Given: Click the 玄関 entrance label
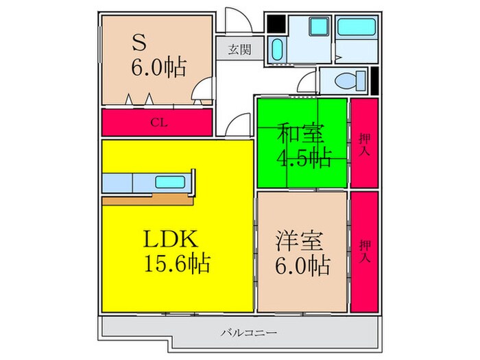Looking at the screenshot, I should tap(240, 49).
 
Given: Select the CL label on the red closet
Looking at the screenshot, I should tap(158, 123).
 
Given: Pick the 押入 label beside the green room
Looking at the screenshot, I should tap(365, 143).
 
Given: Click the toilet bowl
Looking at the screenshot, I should tap(348, 81).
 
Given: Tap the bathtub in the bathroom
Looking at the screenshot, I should tap(357, 28).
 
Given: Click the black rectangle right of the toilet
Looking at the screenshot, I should tap(374, 80).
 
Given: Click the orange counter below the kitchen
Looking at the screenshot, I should tap(147, 200).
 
